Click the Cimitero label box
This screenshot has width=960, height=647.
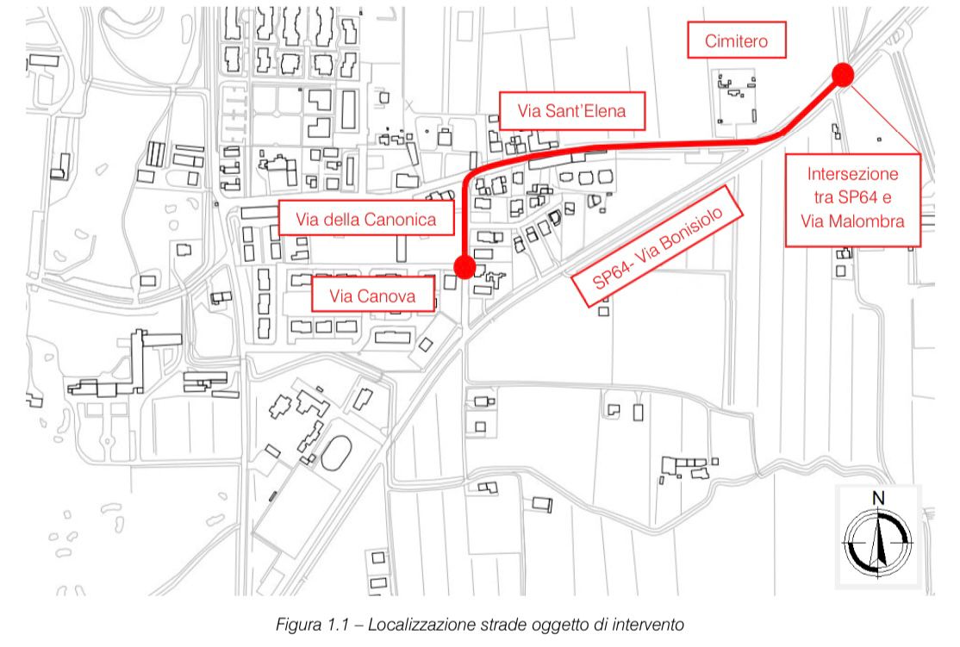(737, 40)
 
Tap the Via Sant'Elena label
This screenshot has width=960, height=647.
(572, 111)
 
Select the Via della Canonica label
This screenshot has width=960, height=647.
(366, 218)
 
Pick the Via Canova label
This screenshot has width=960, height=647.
(373, 295)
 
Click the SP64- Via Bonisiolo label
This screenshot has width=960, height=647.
(657, 246)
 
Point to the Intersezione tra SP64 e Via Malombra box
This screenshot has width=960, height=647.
(853, 200)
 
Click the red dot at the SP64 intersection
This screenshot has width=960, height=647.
(843, 74)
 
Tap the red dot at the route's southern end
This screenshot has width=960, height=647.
(464, 267)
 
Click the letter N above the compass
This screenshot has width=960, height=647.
(879, 498)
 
